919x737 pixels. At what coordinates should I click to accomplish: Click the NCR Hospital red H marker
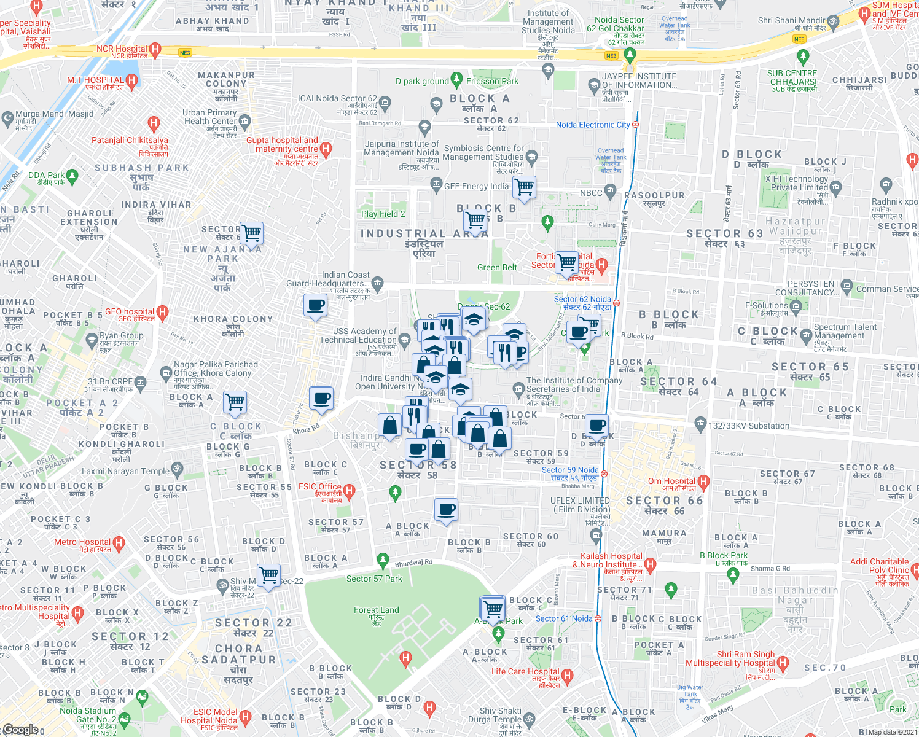[x=155, y=49]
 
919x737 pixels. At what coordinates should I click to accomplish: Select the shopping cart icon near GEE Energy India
[x=524, y=187]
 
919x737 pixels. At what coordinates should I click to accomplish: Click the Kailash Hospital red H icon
[x=651, y=564]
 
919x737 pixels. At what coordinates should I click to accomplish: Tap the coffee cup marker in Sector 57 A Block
[x=447, y=510]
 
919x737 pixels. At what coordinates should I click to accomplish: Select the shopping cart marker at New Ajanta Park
[x=251, y=233]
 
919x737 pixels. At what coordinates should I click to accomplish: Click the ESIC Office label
[x=319, y=486]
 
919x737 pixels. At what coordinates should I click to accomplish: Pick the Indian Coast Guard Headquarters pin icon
[x=378, y=283]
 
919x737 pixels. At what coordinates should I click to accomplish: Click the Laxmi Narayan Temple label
[x=125, y=471]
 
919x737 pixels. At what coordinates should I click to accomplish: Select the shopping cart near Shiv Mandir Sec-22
[x=268, y=575]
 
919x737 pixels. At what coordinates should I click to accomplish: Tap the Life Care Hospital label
[x=525, y=671]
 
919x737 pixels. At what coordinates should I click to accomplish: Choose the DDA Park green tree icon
[x=72, y=177]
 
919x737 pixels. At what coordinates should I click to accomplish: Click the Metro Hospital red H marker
[x=119, y=543]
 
